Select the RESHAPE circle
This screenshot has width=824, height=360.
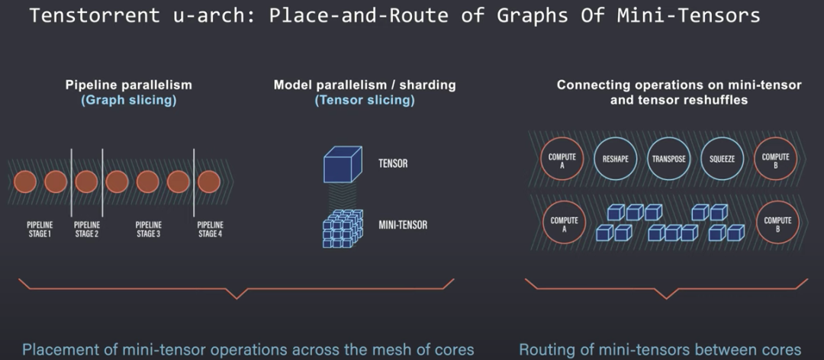click(x=615, y=159)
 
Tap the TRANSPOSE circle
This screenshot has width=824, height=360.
click(x=668, y=159)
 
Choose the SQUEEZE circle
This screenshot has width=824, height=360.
click(x=722, y=159)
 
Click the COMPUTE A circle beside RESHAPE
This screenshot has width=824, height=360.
click(x=562, y=159)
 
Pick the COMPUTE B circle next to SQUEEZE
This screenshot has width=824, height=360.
click(x=776, y=159)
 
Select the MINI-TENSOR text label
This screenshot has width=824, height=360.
click(x=403, y=225)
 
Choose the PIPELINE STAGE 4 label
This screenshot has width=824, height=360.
click(x=211, y=230)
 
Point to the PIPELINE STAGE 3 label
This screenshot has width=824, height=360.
click(x=148, y=230)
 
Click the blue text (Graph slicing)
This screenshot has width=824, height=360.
click(x=128, y=100)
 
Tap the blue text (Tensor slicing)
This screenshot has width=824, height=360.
click(x=365, y=100)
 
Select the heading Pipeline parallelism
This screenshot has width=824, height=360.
click(x=128, y=85)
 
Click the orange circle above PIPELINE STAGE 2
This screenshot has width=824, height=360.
click(x=86, y=182)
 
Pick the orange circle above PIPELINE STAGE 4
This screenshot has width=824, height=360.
click(x=208, y=182)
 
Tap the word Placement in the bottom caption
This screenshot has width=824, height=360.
click(x=59, y=350)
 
